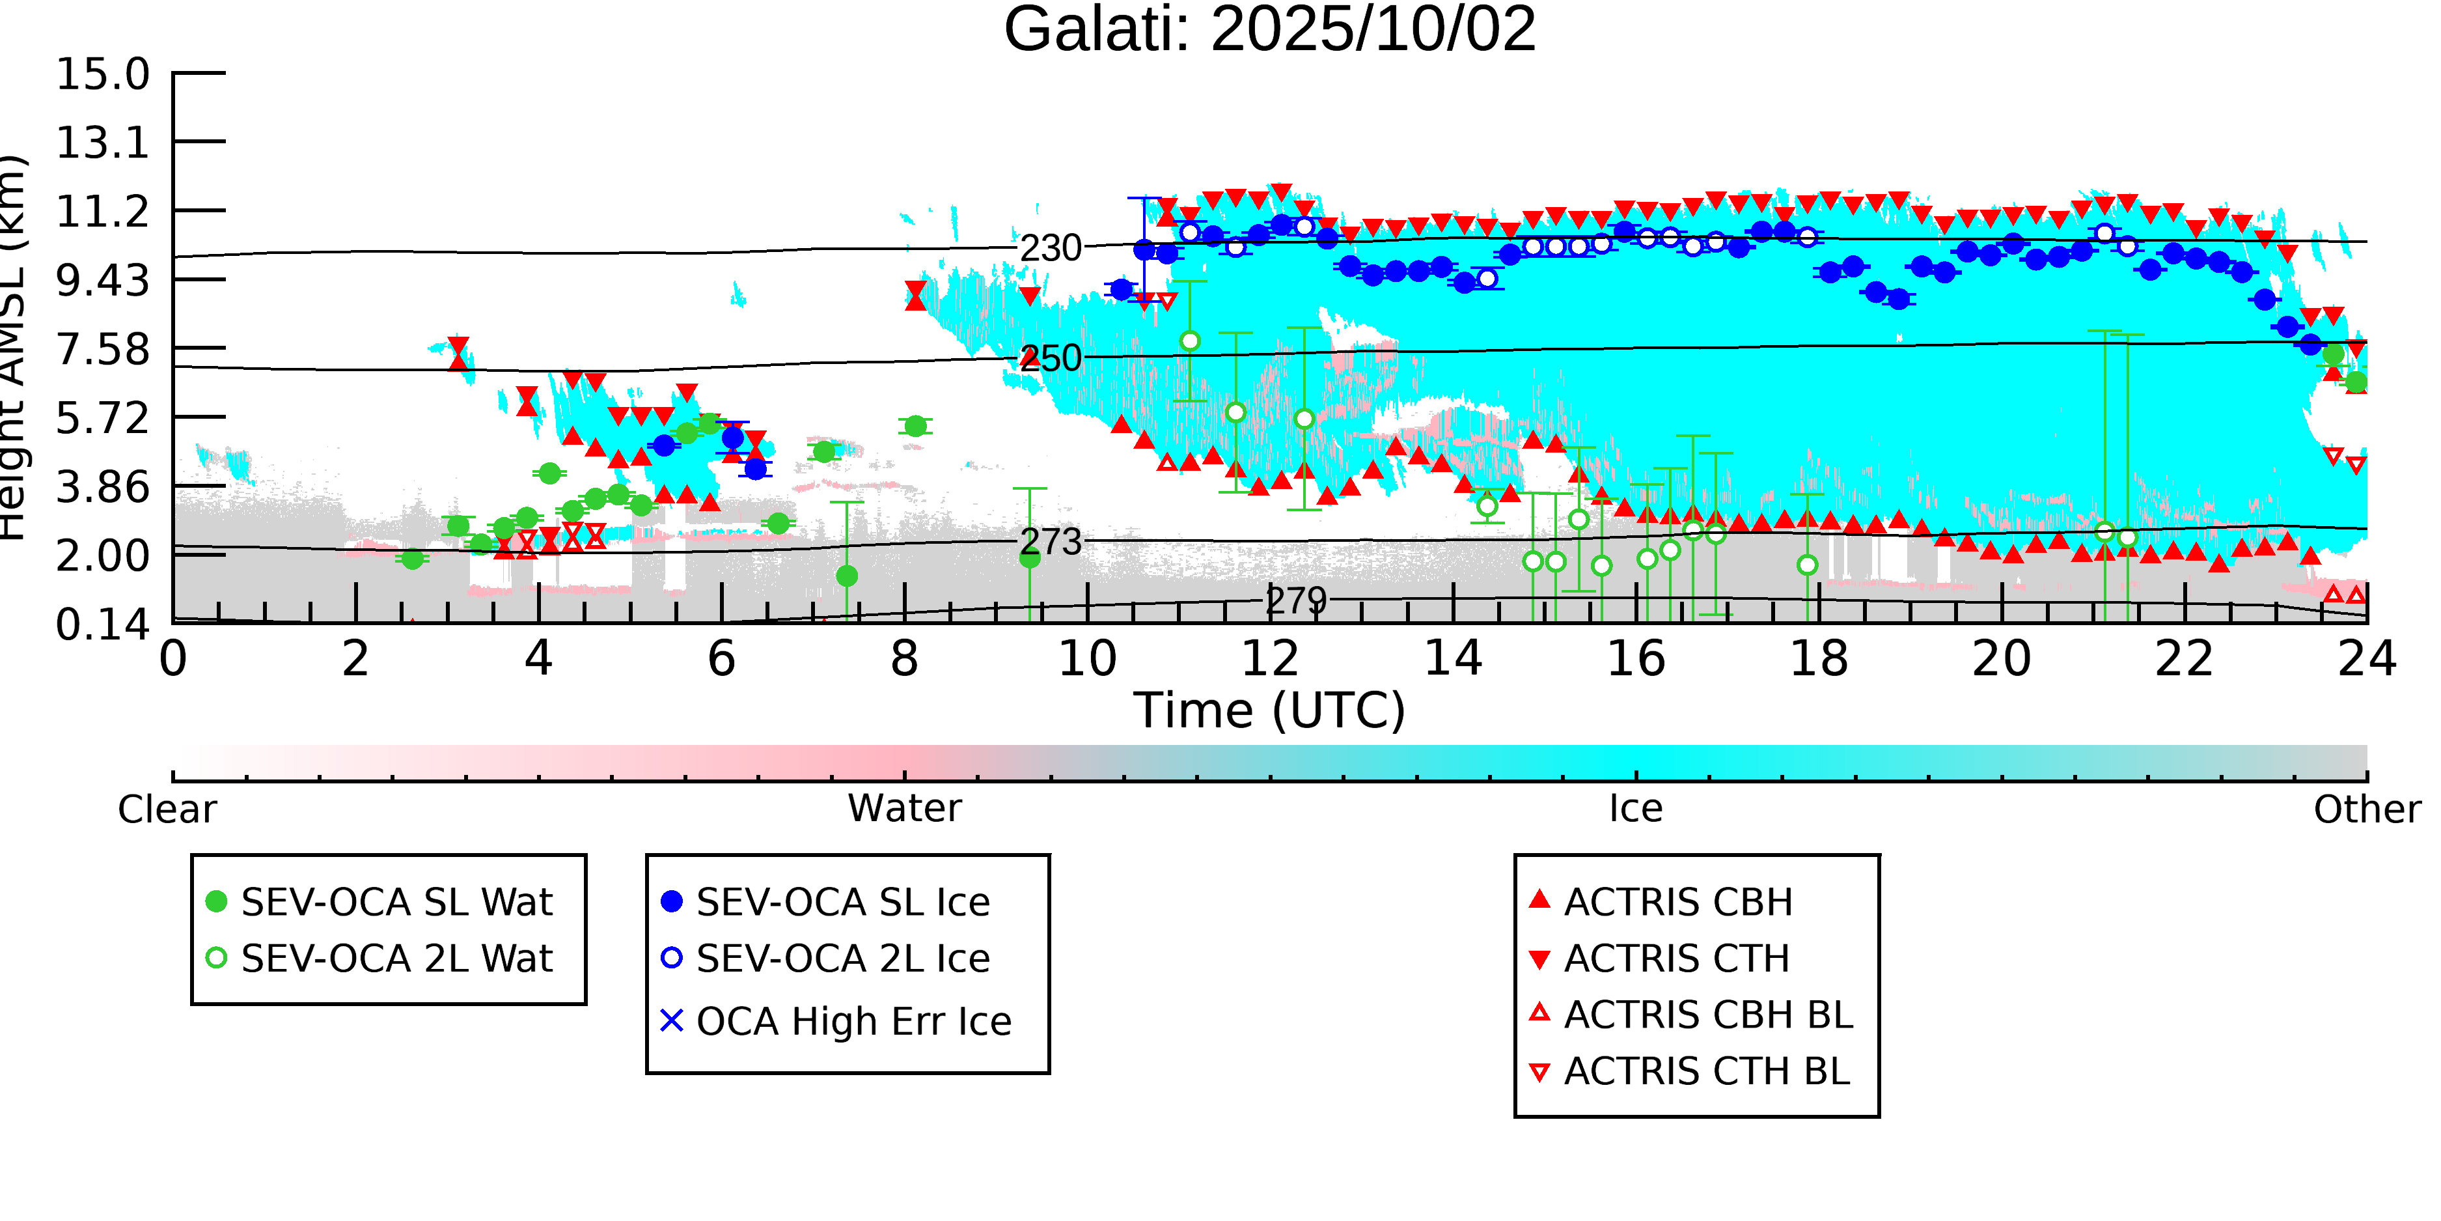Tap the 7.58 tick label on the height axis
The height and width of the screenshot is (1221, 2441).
(102, 350)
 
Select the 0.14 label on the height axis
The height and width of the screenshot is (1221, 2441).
(102, 625)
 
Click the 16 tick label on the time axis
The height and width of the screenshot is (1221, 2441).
(1636, 660)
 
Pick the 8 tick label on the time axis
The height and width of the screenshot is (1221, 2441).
(904, 660)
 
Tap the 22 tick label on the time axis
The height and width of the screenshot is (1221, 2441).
(2184, 660)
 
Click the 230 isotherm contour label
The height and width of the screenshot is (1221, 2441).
(1050, 248)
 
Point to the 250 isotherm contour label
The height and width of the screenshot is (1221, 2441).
(1050, 358)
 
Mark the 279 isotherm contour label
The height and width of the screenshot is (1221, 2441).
(1296, 601)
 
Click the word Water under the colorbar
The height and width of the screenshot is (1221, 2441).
(904, 809)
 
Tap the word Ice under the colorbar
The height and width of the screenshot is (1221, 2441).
(1636, 809)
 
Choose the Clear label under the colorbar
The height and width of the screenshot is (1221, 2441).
(167, 809)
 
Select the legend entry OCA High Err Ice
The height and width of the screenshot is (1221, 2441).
(853, 1022)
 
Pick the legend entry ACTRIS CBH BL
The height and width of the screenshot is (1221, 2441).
(1707, 1015)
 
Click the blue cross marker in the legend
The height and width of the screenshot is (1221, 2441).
(672, 1021)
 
